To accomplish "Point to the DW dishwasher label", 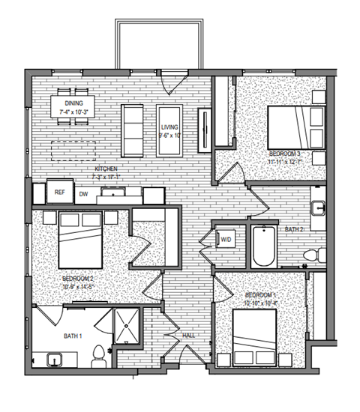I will click(84, 193).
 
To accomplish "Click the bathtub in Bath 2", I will click(264, 246).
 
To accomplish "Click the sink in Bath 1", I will click(54, 360).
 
